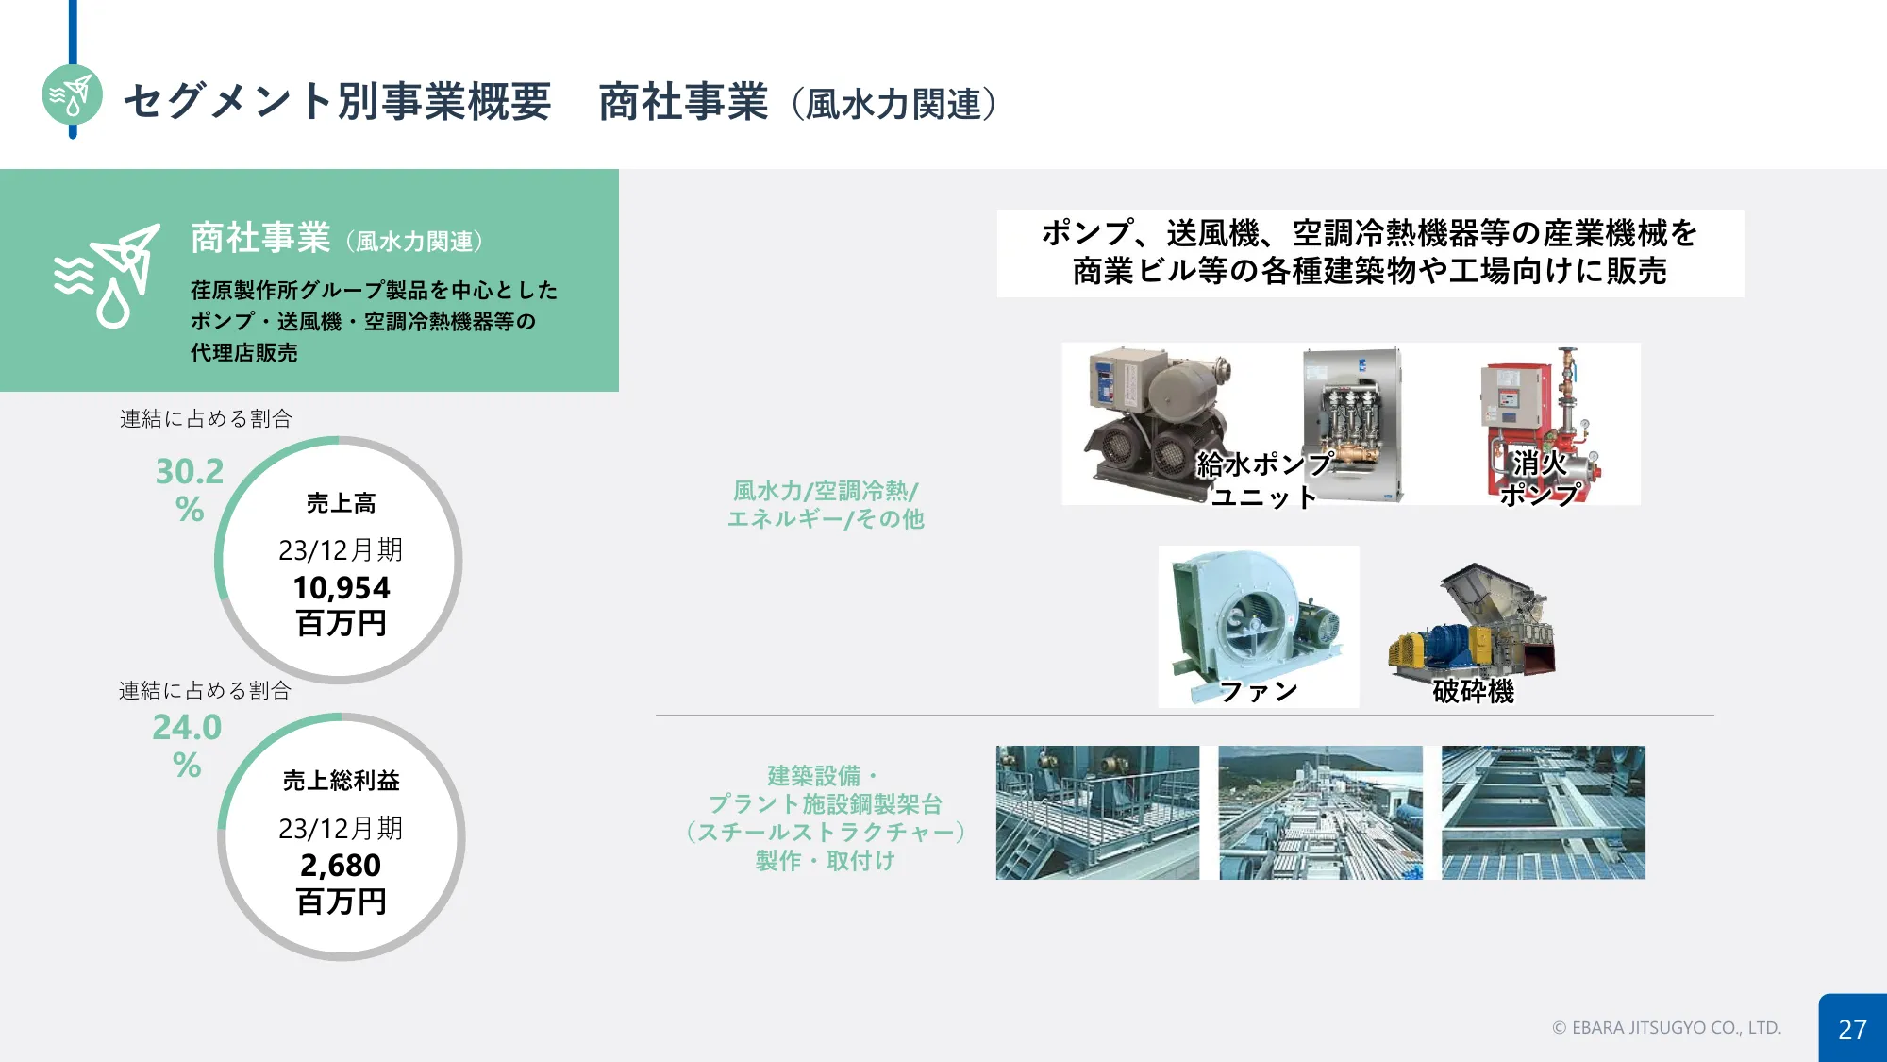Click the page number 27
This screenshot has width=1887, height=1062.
1852,1029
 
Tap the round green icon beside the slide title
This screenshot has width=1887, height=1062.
73,94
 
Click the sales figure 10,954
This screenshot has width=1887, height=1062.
341,587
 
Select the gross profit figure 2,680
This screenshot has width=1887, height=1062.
341,865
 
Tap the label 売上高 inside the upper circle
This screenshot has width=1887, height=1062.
341,503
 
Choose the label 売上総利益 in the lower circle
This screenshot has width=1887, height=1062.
341,781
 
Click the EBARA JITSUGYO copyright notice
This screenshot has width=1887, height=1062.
1667,1028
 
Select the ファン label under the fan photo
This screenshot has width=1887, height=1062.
1259,691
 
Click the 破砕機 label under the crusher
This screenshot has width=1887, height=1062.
1473,691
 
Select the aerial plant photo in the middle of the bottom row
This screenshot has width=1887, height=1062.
1320,813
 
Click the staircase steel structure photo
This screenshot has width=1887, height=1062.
1097,813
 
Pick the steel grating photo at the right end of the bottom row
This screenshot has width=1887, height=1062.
1544,813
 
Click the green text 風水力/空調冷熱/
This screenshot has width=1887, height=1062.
826,491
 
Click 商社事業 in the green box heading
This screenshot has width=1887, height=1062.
260,238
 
